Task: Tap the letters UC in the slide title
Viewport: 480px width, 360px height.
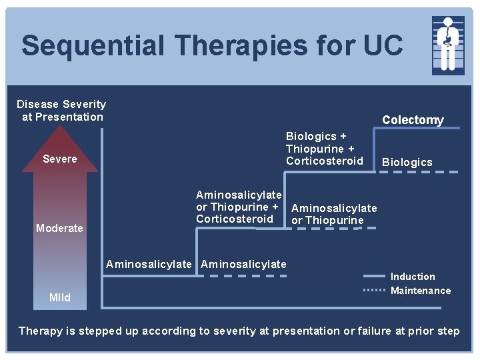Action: click(x=381, y=46)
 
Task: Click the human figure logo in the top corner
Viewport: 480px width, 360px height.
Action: click(x=448, y=45)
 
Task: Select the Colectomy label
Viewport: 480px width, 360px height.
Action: click(x=413, y=120)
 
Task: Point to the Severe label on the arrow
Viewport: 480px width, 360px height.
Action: click(x=60, y=159)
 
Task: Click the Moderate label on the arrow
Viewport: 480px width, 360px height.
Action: click(x=60, y=228)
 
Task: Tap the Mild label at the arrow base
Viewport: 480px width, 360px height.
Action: click(x=60, y=297)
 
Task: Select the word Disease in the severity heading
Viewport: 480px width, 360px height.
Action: click(x=37, y=104)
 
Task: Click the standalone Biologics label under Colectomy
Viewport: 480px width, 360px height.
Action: click(x=407, y=162)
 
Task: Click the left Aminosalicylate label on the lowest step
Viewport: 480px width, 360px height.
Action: click(x=149, y=264)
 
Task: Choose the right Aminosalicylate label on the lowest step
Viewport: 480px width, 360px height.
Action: click(x=243, y=264)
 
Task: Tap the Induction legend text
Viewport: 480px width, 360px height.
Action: click(x=413, y=277)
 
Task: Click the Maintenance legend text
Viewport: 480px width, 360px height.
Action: click(x=421, y=291)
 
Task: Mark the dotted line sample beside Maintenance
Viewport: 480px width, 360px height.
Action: click(x=374, y=291)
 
